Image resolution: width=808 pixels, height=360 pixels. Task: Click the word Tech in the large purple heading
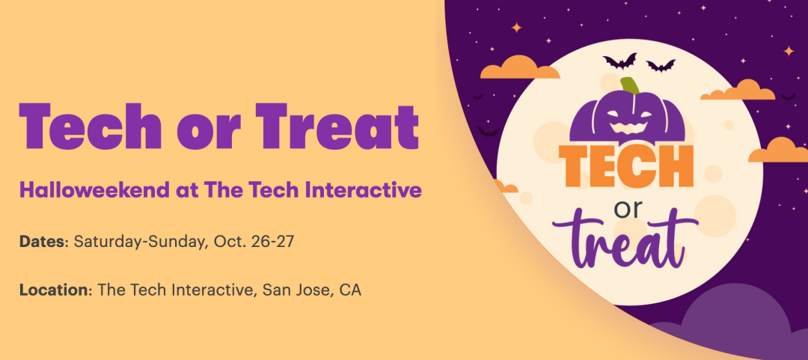[91, 126]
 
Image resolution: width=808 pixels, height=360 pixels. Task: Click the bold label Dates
[42, 242]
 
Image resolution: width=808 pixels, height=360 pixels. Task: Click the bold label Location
[54, 290]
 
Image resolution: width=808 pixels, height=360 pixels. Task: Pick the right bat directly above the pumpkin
[661, 66]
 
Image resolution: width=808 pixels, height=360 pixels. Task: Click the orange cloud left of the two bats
[519, 67]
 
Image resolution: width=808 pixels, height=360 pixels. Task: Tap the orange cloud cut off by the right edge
[779, 150]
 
